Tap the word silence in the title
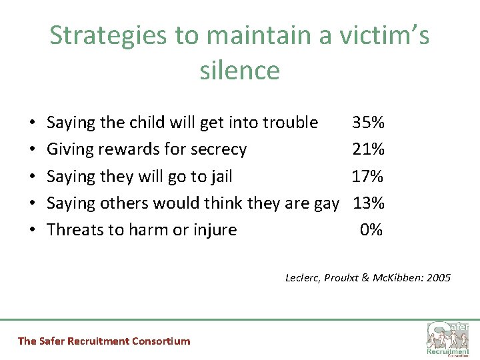239,70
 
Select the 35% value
368,123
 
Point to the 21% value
368,149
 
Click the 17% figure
368,176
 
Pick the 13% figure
368,203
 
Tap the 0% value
371,229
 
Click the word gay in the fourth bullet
326,203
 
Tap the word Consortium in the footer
161,341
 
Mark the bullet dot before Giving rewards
33,149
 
